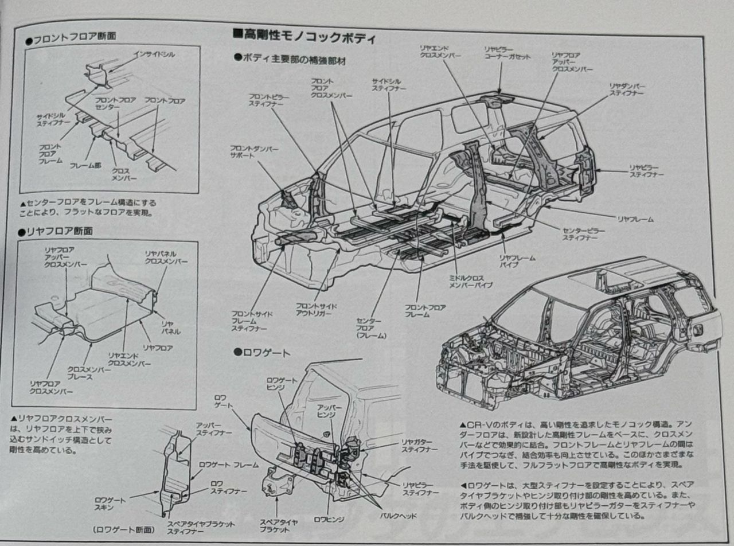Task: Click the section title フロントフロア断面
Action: point(74,36)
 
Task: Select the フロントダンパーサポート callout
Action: point(254,152)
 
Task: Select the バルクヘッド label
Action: point(400,516)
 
